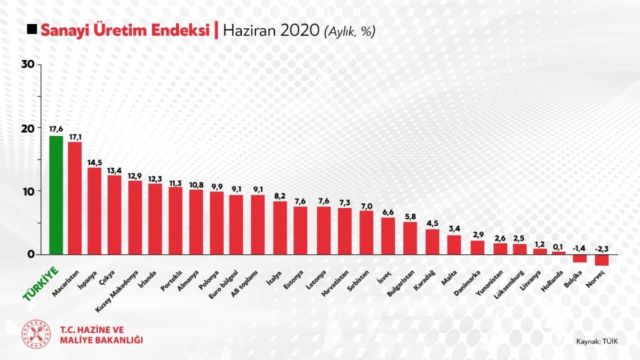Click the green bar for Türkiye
(56, 195)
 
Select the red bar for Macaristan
(75, 198)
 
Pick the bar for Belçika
(580, 258)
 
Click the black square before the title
(32, 30)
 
